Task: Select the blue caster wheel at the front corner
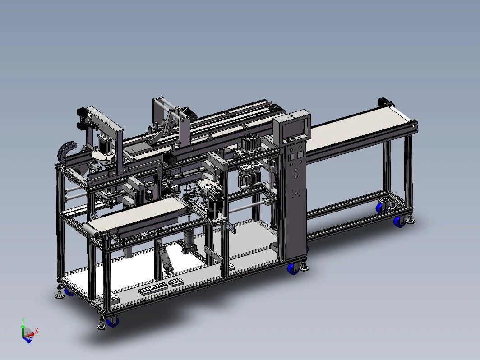[x=112, y=322]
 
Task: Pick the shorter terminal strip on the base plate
[x=176, y=282]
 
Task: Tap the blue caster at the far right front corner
[x=399, y=221]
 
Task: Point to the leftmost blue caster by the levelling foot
[x=69, y=292]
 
